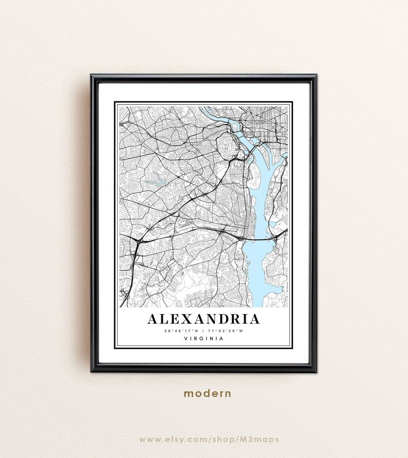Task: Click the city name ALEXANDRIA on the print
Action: coord(203,319)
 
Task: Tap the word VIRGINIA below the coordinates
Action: coord(203,338)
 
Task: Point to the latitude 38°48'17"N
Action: coord(180,331)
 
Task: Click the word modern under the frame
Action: coord(208,394)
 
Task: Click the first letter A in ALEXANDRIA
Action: coord(153,319)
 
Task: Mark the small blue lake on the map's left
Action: coord(153,181)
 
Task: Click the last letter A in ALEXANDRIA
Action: coord(253,319)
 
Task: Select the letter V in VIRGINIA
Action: coord(184,338)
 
